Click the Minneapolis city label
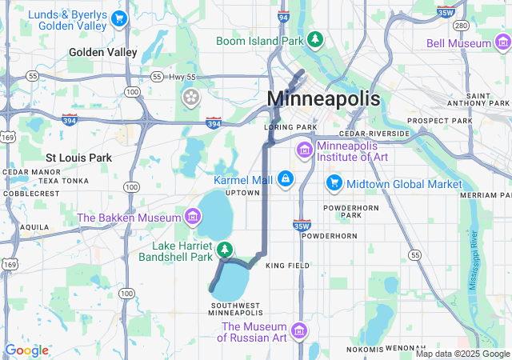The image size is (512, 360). [x=323, y=98]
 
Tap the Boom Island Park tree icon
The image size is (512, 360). [x=316, y=39]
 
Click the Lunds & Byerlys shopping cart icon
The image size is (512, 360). [x=119, y=18]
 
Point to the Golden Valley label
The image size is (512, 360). [x=103, y=52]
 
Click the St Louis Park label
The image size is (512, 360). [x=78, y=158]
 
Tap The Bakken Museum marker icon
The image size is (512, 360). [x=192, y=216]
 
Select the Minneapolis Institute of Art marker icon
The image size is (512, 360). [x=304, y=150]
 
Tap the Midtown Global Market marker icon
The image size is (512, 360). [x=334, y=184]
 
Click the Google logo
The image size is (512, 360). [x=26, y=350]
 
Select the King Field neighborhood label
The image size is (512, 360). [x=286, y=265]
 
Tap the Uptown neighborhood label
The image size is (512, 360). [x=242, y=193]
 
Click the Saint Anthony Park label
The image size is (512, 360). [x=483, y=99]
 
